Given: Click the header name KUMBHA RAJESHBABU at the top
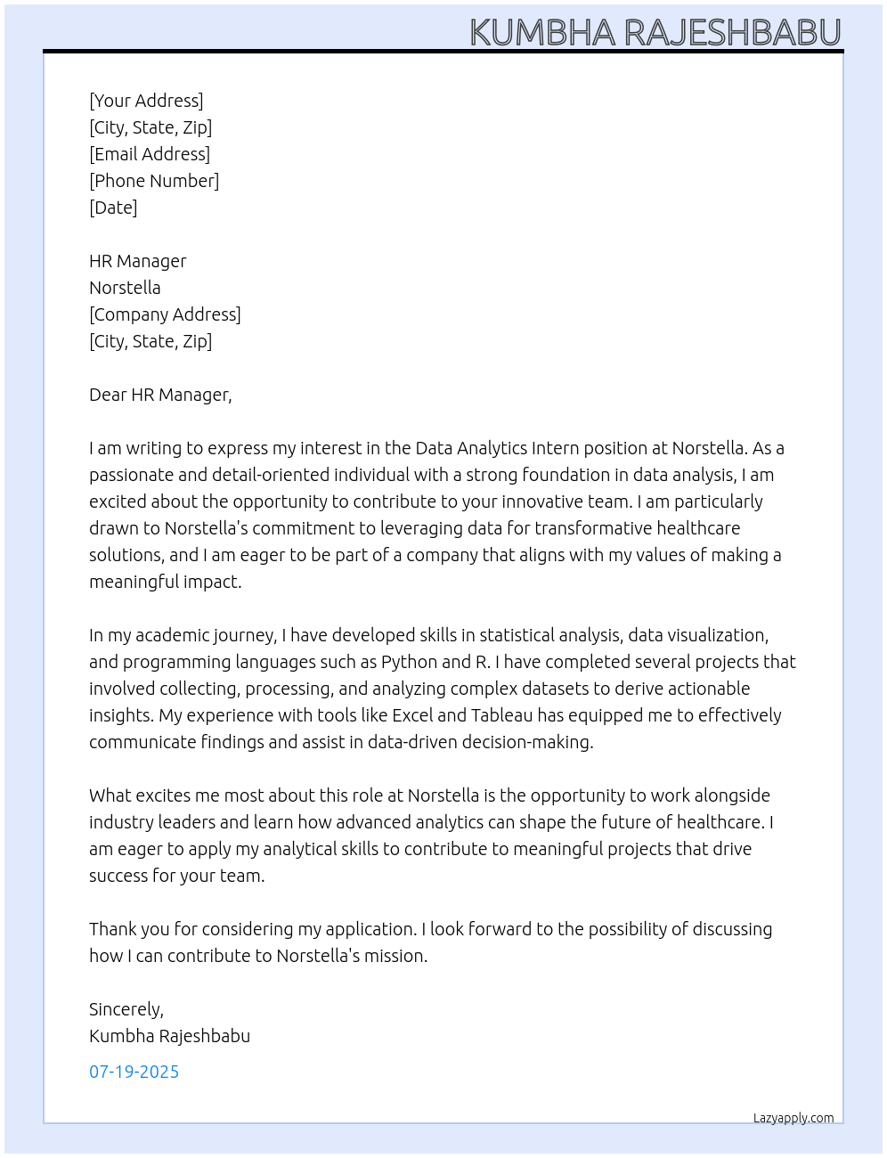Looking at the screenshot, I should [x=655, y=32].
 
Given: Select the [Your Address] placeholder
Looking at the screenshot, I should [x=146, y=101].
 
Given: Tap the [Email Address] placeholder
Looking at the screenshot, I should [x=150, y=154].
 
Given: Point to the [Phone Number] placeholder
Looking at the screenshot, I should [x=154, y=181].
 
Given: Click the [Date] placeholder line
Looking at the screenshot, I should [x=113, y=208].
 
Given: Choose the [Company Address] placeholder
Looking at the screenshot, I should [x=165, y=314].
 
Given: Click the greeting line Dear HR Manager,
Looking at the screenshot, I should [x=160, y=395].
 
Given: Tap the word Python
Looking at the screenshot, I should [x=409, y=662].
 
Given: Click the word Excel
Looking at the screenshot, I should [x=411, y=715].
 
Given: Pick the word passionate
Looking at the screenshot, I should [x=131, y=475].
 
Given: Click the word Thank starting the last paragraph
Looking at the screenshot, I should [x=112, y=929].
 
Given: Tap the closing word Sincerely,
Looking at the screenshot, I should [x=126, y=1009].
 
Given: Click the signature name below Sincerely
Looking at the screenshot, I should [x=169, y=1036].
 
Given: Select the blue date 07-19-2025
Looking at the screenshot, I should [x=134, y=1072].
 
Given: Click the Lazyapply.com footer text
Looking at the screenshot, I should [x=793, y=1118].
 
